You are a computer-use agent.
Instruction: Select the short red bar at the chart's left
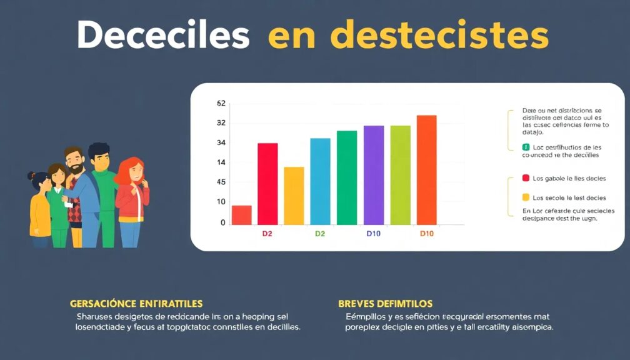coord(241,214)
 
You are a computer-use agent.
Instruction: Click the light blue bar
coord(320,181)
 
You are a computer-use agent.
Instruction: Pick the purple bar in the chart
coord(374,175)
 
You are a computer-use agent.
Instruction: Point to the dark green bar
coord(347,177)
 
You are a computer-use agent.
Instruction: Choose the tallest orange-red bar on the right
coord(426,169)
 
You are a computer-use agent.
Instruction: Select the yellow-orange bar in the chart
coord(294,196)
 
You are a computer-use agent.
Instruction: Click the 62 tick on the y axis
coord(221,104)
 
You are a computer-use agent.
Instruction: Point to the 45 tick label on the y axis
coord(221,182)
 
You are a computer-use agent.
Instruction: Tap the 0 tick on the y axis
coord(222,222)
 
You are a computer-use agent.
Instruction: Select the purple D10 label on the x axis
coord(373,234)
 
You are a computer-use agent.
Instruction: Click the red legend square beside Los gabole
coord(526,178)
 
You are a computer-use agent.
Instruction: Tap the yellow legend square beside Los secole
coord(526,197)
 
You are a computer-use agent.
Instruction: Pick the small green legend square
coord(526,147)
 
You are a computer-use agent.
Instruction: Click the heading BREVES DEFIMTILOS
coord(386,304)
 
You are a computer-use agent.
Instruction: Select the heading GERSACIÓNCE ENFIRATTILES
coord(136,304)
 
